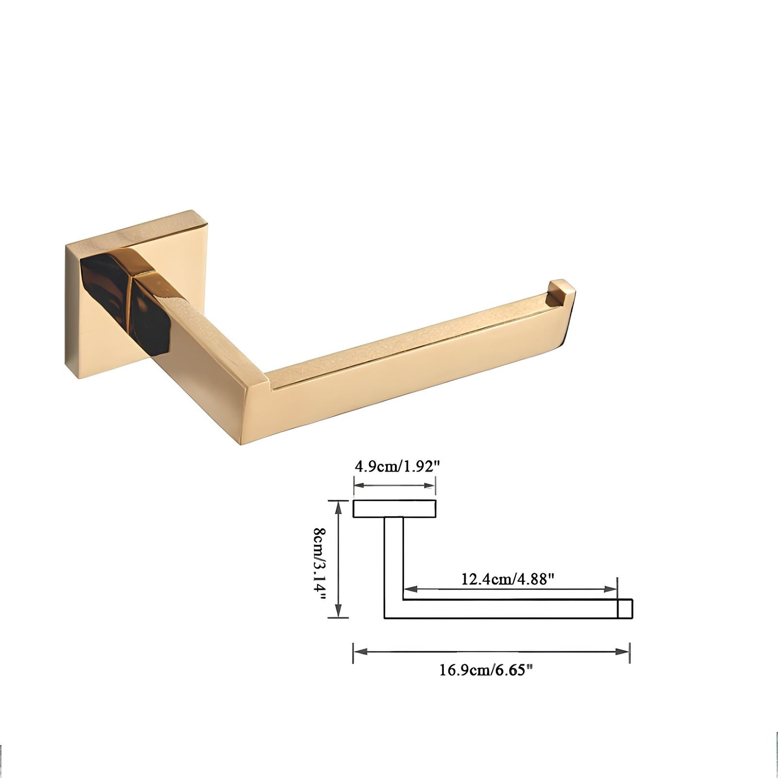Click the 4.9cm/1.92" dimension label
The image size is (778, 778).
[397, 467]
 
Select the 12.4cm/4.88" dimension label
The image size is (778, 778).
[507, 579]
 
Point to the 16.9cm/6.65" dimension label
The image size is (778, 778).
[486, 670]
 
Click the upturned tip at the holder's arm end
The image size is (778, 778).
[562, 292]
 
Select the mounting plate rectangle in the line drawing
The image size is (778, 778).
[394, 508]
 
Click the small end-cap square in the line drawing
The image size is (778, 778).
[625, 609]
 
